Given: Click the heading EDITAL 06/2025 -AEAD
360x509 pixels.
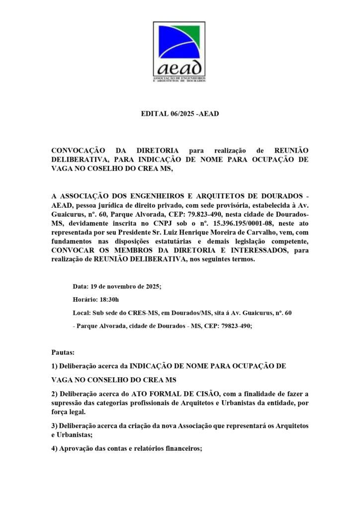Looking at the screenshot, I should [x=180, y=114].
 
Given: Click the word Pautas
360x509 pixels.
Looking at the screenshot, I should [x=63, y=352].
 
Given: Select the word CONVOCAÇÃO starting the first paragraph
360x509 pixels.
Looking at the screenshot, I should [x=79, y=150].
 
